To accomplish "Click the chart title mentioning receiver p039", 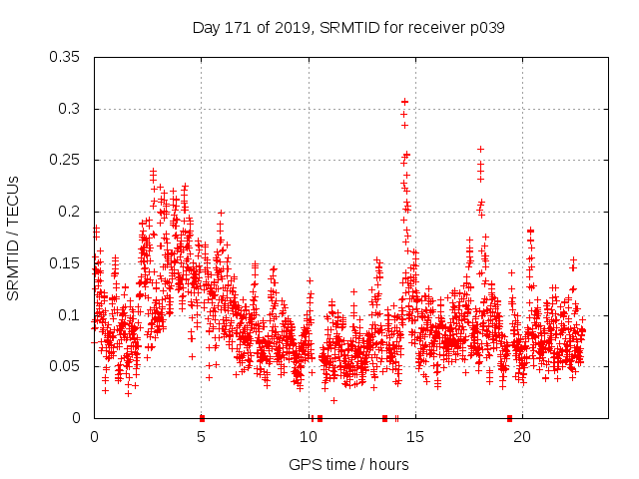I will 348,28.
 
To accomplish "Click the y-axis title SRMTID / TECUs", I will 13,239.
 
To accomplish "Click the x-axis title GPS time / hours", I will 348,465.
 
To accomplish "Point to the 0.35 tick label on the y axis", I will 67,57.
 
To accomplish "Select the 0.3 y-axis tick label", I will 71,109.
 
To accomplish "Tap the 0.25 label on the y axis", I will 67,160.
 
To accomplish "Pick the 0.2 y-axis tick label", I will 71,212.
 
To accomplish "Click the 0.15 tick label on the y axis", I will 67,263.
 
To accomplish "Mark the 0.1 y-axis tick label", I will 71,315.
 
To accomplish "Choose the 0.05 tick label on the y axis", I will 67,366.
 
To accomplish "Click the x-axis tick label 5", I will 201,437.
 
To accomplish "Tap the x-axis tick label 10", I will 309,437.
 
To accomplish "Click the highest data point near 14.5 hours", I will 404,101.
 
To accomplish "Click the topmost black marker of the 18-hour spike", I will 480,149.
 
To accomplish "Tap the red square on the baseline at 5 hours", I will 202,418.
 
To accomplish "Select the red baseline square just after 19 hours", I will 509,418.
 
